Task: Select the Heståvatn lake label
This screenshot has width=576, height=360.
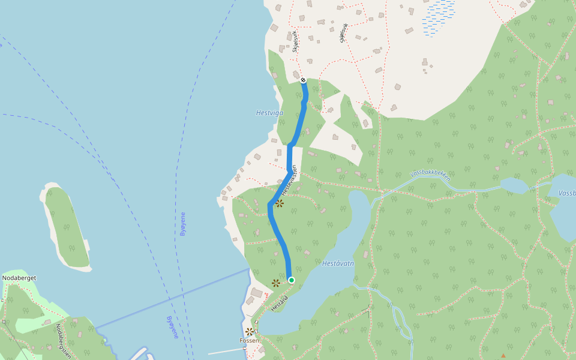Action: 338,263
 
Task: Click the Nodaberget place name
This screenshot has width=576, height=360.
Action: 20,278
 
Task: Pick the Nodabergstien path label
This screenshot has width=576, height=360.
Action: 63,341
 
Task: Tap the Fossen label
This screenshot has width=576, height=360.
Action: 249,341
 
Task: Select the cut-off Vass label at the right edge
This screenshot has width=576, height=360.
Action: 567,193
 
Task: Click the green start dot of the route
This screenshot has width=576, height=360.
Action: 291,280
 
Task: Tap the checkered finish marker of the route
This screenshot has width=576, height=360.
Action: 303,80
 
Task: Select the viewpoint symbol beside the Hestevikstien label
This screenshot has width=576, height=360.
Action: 279,203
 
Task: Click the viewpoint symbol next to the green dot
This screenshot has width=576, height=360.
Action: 275,283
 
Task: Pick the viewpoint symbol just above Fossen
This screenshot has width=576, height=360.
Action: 249,331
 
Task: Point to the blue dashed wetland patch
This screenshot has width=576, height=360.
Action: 439,17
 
